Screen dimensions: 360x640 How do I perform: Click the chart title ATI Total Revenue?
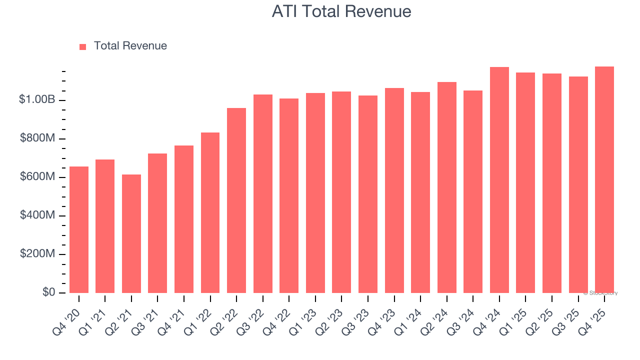click(341, 11)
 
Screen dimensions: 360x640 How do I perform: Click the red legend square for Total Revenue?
click(83, 46)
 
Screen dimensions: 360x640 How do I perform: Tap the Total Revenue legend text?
click(130, 46)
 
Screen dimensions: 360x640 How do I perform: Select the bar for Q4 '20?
click(79, 230)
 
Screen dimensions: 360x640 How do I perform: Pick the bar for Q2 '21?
click(131, 234)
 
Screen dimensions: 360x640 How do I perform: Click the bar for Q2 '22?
click(236, 200)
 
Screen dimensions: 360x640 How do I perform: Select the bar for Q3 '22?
click(263, 194)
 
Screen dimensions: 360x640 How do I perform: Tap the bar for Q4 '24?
click(499, 180)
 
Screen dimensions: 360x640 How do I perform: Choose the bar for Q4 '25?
click(604, 180)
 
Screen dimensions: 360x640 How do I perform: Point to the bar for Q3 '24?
click(473, 192)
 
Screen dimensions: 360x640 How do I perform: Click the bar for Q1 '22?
click(210, 213)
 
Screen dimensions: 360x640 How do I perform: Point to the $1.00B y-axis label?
click(37, 99)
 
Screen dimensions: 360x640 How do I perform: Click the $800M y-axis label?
click(37, 138)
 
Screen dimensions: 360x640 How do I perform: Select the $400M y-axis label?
click(37, 215)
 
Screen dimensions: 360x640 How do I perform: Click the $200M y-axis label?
click(37, 253)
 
